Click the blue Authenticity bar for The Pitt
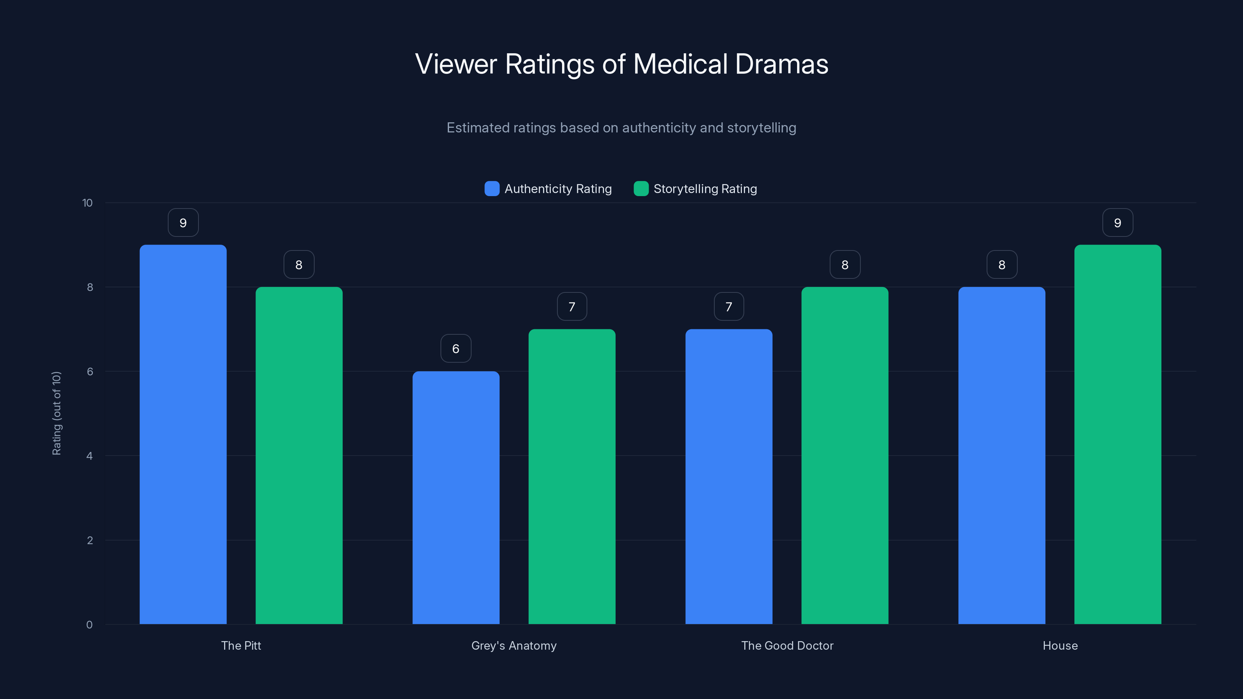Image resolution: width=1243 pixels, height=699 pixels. [x=183, y=434]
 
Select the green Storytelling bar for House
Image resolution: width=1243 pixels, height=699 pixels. [x=1118, y=434]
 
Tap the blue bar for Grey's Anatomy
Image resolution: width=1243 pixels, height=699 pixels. [x=456, y=497]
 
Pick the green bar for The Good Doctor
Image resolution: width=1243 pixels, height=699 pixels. [x=844, y=456]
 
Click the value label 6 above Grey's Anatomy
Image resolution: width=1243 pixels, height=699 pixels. [x=456, y=348]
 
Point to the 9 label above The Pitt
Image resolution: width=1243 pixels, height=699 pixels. [x=183, y=223]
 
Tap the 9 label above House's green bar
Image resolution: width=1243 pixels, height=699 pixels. [x=1118, y=223]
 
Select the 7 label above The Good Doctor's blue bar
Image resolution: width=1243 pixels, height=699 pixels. [x=729, y=306]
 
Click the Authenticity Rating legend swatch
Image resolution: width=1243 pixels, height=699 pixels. [x=492, y=189]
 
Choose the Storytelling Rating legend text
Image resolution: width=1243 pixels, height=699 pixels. [x=705, y=189]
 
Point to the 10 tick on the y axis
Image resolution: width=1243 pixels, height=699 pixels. [x=87, y=203]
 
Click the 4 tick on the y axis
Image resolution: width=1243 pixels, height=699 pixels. [x=89, y=456]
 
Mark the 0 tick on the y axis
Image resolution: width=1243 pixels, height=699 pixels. [x=89, y=625]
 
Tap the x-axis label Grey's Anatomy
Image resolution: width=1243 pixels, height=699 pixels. [x=514, y=645]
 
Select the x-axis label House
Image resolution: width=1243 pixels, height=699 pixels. [x=1060, y=645]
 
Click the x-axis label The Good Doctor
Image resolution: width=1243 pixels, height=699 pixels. [x=787, y=645]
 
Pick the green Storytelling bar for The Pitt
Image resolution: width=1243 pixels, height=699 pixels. [x=299, y=456]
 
